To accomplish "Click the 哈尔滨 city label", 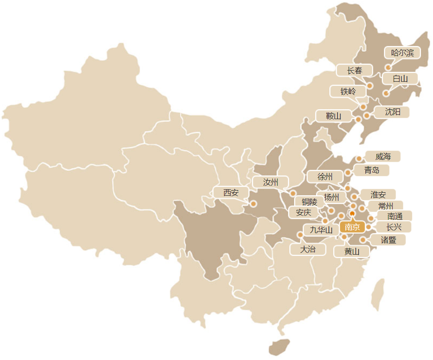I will click(402, 53).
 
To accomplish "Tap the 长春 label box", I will click(355, 71).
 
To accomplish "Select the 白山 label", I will click(400, 79).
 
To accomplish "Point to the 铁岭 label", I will click(348, 91).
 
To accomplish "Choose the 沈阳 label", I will click(392, 112).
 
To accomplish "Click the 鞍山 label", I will click(333, 116).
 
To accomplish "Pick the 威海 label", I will click(383, 156).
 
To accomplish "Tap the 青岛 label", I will click(372, 170).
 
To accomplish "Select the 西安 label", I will click(231, 193).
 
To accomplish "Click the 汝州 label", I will click(270, 182).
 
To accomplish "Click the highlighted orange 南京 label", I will click(352, 227).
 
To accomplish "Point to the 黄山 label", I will click(352, 251).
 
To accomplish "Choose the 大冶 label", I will click(307, 249).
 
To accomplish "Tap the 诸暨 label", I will click(389, 240).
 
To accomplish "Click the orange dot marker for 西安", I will click(254, 203).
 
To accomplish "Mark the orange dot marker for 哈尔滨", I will click(388, 68).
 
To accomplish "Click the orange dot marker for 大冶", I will click(300, 235).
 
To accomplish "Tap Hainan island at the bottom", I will click(279, 347).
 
